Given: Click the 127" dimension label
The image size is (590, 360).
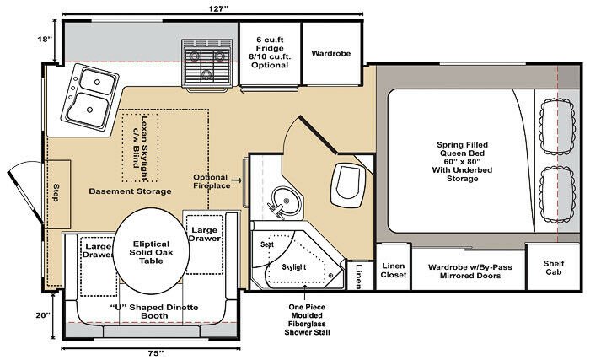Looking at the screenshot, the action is [x=218, y=8].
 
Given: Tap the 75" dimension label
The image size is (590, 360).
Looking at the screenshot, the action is [x=155, y=353].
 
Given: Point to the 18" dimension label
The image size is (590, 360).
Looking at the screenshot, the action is [x=45, y=39].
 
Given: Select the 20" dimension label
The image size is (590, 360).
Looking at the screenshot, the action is [x=43, y=315].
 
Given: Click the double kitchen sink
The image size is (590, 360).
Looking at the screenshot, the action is [x=90, y=97].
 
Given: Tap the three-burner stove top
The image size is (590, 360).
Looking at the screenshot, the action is [x=206, y=64].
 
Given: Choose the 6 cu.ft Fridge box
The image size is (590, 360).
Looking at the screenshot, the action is [x=270, y=54].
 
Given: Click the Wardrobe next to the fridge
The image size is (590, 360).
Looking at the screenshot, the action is [x=331, y=54].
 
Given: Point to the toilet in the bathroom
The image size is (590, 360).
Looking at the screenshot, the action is [x=347, y=185].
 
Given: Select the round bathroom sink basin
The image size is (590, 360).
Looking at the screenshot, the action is [x=287, y=201].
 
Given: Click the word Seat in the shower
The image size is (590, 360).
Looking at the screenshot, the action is [x=267, y=244].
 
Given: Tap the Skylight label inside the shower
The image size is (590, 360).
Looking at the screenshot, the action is [x=294, y=267].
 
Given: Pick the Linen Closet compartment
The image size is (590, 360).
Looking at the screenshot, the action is [x=394, y=267].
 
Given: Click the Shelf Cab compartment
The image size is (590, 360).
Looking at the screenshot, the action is [x=554, y=267].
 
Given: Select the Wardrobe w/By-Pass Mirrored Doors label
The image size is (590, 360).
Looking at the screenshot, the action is [x=470, y=271].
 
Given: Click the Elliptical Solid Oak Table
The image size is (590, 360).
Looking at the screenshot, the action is [x=151, y=252].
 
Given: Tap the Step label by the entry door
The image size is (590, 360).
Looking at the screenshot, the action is [x=56, y=192].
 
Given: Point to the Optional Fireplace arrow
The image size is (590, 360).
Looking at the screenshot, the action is [x=236, y=180].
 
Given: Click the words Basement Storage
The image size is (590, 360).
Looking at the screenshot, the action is [x=130, y=191].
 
